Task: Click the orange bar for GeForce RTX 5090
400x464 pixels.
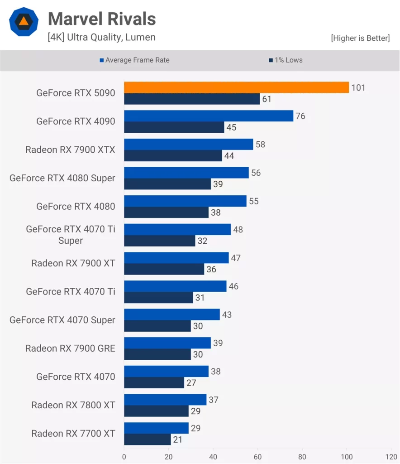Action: [x=236, y=87]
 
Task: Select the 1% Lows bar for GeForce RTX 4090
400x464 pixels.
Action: [x=174, y=128]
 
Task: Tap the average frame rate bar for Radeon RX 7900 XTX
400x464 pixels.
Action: [x=188, y=145]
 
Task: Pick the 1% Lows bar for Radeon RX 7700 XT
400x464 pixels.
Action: [x=148, y=440]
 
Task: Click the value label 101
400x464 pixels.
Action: [x=358, y=88]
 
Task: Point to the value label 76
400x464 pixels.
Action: [x=300, y=116]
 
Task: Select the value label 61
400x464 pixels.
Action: [x=267, y=99]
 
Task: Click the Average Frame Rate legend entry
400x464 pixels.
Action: [x=134, y=60]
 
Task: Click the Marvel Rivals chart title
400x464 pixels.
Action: [x=102, y=19]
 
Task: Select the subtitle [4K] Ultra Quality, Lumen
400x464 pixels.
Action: [x=101, y=37]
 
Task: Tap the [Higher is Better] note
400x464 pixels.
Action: [x=360, y=38]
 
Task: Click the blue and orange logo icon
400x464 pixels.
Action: [x=24, y=21]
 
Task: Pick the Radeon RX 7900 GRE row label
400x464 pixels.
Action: [x=70, y=348]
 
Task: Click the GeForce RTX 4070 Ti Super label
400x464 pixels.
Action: [x=71, y=235]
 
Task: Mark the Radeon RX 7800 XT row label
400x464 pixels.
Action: [x=73, y=405]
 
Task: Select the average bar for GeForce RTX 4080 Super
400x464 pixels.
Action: [x=186, y=173]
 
